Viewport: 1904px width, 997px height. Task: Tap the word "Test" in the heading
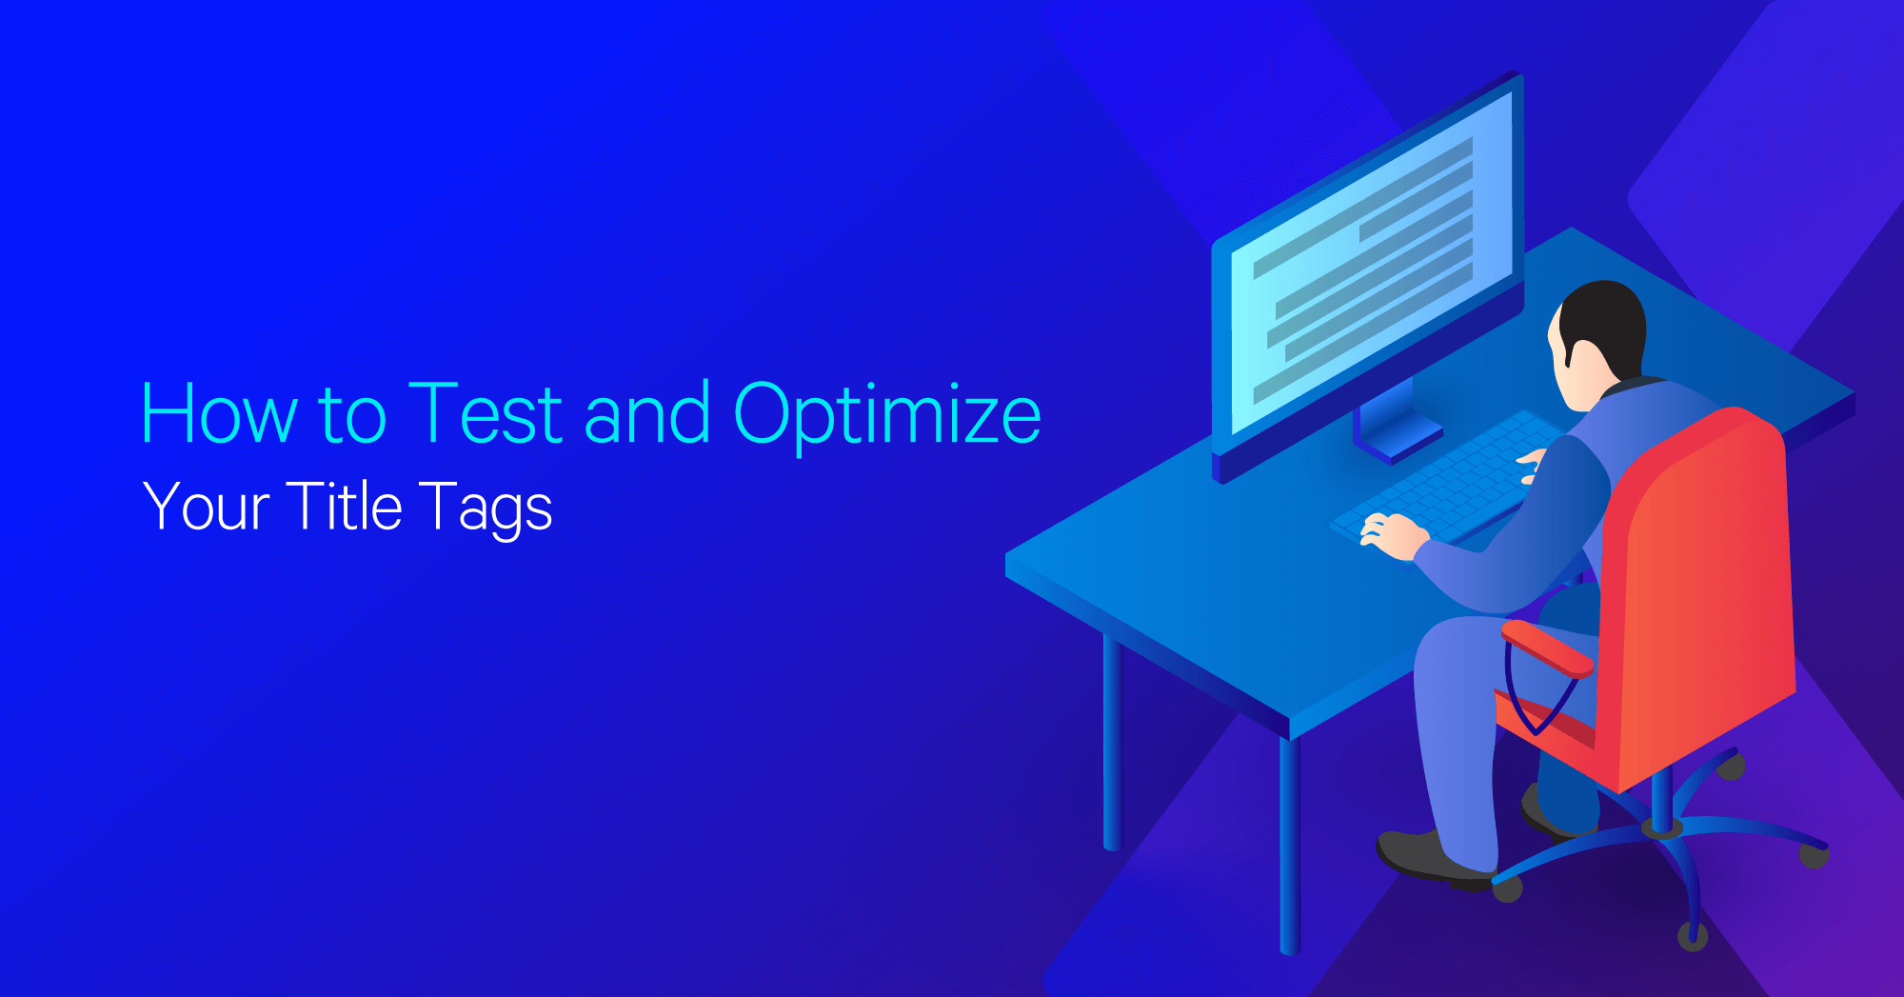(x=485, y=413)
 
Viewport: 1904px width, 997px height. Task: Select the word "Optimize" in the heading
(x=887, y=415)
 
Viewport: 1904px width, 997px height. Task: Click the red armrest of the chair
(x=1546, y=648)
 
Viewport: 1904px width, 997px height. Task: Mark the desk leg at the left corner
(x=1112, y=743)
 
